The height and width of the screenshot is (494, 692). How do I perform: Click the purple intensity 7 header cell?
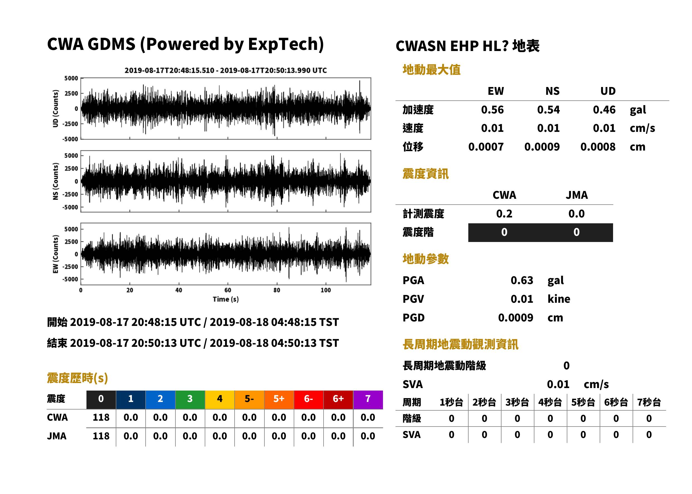point(368,399)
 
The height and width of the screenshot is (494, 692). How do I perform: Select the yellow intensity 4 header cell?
point(220,399)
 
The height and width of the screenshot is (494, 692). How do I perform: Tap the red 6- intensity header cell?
point(308,399)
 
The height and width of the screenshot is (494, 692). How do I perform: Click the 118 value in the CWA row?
point(101,417)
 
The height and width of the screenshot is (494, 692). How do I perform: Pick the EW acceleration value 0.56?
point(492,110)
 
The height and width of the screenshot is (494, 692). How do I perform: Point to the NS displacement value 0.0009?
point(542,147)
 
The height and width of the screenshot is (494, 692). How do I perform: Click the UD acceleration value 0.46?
point(604,110)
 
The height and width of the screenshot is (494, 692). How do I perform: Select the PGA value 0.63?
point(522,280)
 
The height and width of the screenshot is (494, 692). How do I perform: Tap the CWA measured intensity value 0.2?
point(504,214)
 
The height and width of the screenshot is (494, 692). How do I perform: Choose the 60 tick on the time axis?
point(228,290)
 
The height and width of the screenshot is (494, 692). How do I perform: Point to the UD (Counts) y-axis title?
point(56,109)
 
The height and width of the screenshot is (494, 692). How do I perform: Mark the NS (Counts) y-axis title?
point(56,181)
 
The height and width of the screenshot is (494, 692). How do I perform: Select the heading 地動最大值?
point(431,70)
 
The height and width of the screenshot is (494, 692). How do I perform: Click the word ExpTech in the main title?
point(283,44)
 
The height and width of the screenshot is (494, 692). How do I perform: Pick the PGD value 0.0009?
point(515,318)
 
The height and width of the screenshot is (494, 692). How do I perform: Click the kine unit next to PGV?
point(559,299)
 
